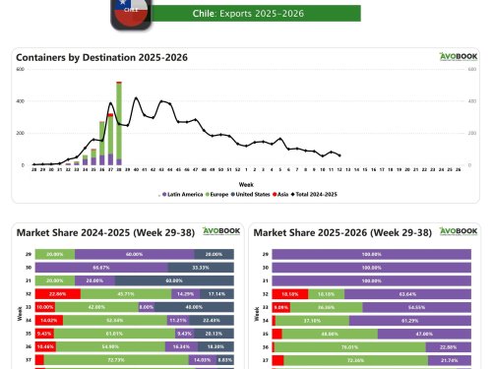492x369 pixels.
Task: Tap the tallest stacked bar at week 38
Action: pyautogui.click(x=119, y=123)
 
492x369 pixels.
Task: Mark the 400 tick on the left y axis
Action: pyautogui.click(x=21, y=99)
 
